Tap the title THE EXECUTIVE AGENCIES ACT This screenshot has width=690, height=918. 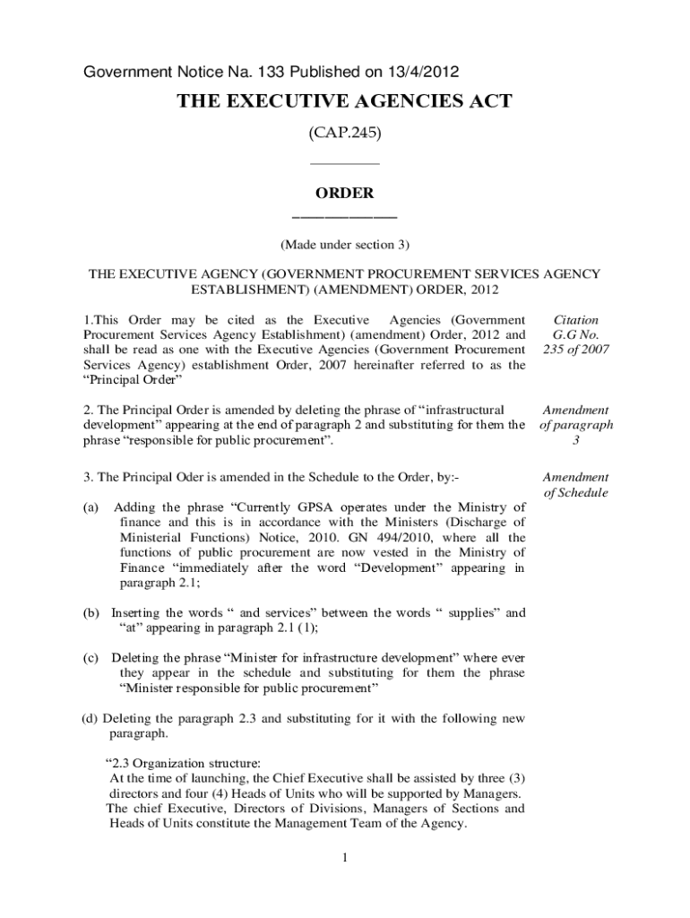[x=344, y=101]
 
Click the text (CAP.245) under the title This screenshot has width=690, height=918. [x=344, y=133]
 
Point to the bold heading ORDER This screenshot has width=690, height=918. [x=344, y=194]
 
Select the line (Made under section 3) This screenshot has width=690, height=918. [x=344, y=244]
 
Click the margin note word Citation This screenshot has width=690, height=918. [x=577, y=320]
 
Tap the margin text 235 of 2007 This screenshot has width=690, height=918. [x=577, y=350]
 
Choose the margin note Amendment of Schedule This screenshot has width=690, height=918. [x=577, y=485]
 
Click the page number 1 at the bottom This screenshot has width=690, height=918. [x=344, y=858]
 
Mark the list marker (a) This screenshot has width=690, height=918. [x=91, y=507]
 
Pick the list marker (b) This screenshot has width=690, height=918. [x=91, y=613]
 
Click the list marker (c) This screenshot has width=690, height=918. [x=91, y=658]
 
